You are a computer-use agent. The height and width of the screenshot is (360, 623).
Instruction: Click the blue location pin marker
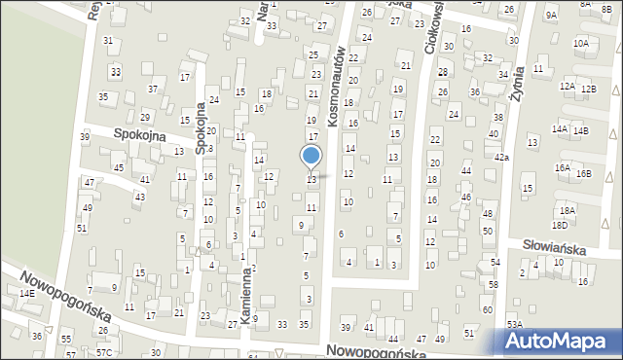click(x=311, y=157)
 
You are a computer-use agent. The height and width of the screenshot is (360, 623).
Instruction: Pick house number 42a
click(x=501, y=157)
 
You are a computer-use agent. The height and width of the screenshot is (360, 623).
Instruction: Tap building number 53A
click(x=514, y=323)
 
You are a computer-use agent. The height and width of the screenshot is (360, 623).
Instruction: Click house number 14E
click(x=27, y=293)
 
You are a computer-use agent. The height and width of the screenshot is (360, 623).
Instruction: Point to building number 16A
click(x=563, y=167)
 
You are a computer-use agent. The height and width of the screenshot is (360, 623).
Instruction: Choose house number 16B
click(x=583, y=173)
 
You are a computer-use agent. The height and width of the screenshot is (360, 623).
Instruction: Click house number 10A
click(x=581, y=44)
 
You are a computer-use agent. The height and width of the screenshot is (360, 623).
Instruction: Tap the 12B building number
click(x=588, y=89)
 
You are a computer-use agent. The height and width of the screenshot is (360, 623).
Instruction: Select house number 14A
click(x=559, y=128)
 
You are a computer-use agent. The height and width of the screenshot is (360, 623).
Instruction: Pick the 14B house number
click(x=580, y=130)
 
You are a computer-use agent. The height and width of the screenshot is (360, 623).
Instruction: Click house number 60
click(x=487, y=309)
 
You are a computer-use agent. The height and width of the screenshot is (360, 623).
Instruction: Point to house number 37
click(x=153, y=90)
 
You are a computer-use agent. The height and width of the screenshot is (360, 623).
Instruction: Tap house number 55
click(x=66, y=339)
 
